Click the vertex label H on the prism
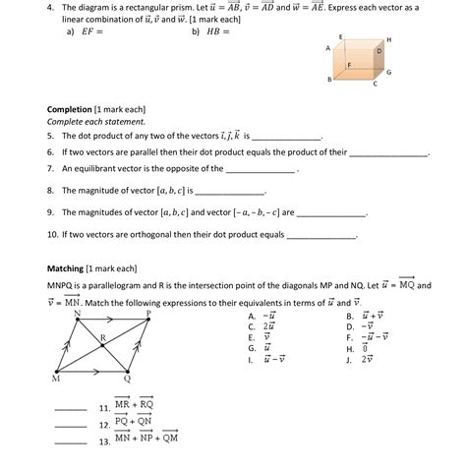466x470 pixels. [389, 38]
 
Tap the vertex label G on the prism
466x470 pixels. [389, 73]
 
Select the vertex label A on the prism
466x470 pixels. [328, 47]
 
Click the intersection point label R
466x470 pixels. [102, 337]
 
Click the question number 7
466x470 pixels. [50, 169]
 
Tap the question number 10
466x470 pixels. [53, 235]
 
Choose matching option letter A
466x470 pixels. [252, 316]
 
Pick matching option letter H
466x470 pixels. [350, 348]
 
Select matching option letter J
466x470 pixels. [350, 359]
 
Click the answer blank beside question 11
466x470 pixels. [71, 407]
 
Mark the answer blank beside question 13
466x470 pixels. [71, 441]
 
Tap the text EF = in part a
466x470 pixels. [93, 30]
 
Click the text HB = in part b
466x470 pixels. [218, 30]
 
